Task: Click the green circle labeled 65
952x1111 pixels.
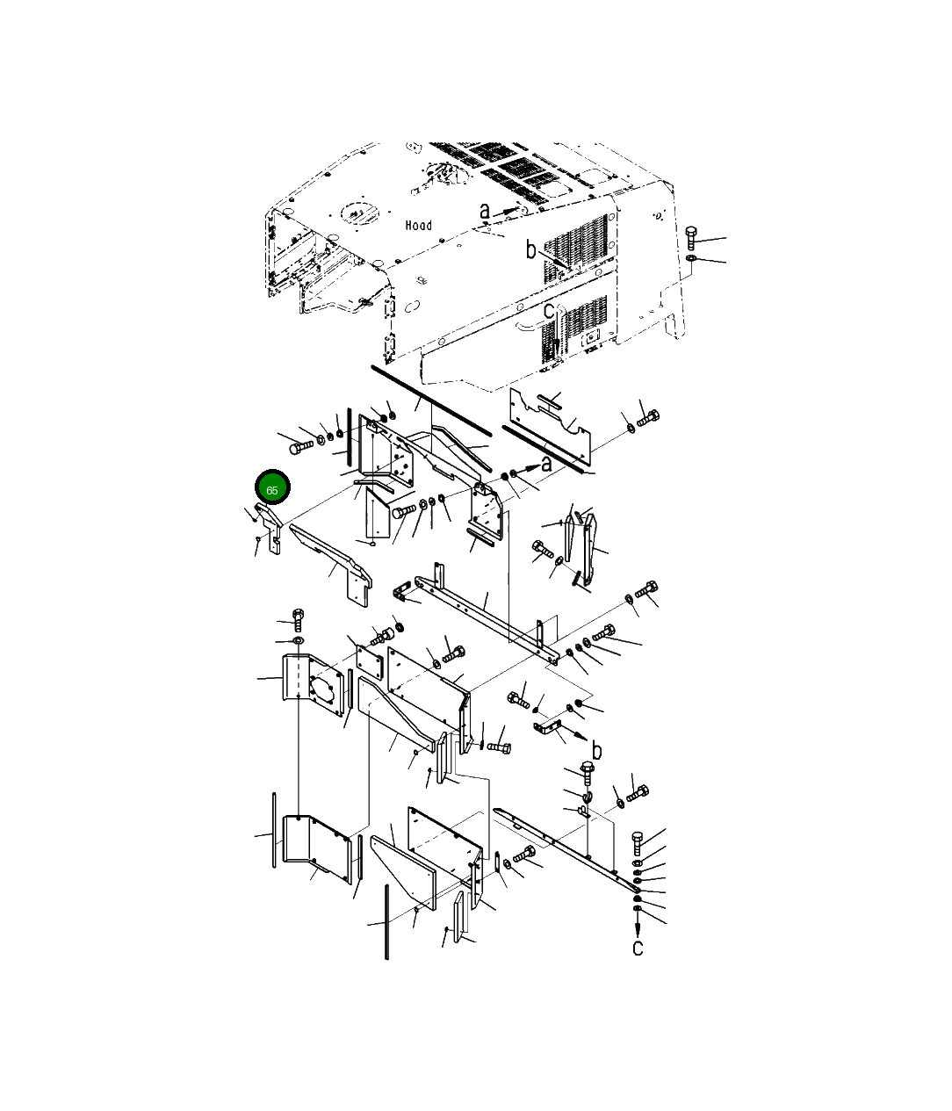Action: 271,489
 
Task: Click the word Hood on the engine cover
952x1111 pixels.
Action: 419,226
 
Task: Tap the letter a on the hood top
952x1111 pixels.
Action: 485,212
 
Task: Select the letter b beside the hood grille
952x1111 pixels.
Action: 530,250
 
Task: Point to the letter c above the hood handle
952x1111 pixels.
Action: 549,311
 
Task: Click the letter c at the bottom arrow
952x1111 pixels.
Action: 638,948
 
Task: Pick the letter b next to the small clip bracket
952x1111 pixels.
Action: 597,750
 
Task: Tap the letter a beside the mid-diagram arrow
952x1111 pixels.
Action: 546,463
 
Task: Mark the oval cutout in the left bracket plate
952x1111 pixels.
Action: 327,685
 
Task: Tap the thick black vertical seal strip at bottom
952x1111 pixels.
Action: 385,922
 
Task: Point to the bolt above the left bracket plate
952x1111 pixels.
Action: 297,619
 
